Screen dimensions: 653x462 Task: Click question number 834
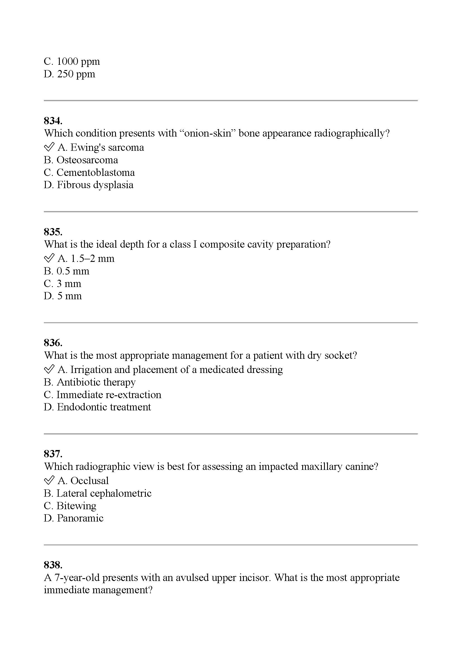click(53, 121)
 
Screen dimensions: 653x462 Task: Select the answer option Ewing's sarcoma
click(101, 147)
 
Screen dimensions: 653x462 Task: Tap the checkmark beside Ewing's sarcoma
click(49, 147)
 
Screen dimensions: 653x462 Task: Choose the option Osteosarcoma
click(81, 160)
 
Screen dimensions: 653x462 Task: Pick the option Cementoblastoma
click(89, 172)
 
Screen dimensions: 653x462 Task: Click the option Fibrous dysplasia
click(89, 185)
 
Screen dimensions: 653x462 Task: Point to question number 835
click(53, 232)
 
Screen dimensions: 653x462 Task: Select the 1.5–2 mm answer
click(86, 259)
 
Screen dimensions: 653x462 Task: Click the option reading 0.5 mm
click(66, 271)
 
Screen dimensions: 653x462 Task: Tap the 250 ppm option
click(70, 74)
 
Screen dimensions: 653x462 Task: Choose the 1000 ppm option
click(72, 61)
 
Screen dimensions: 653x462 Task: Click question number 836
click(53, 343)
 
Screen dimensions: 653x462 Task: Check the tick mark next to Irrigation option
click(49, 369)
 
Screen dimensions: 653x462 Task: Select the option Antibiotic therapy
click(90, 382)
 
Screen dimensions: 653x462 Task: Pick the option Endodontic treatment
click(97, 407)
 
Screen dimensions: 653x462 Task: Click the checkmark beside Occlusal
click(49, 480)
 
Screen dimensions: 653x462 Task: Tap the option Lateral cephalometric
click(97, 493)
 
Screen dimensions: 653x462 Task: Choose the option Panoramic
click(73, 518)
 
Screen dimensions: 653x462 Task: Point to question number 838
click(53, 565)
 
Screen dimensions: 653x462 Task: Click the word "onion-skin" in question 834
click(207, 133)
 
